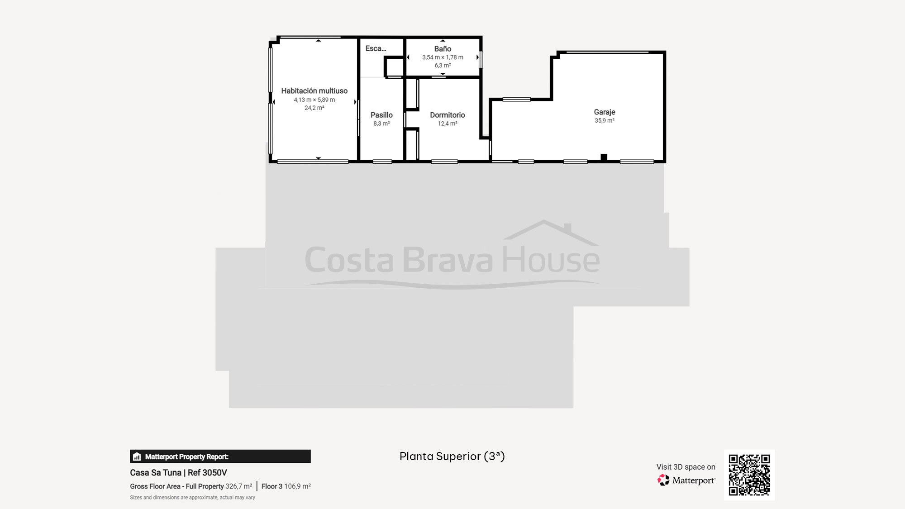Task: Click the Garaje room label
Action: click(x=605, y=112)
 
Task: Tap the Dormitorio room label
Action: click(x=448, y=115)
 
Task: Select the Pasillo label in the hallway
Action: click(x=381, y=115)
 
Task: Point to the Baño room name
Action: click(x=443, y=48)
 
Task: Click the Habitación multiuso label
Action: click(x=314, y=91)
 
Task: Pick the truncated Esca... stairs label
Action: click(x=376, y=48)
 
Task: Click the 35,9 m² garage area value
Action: click(x=605, y=121)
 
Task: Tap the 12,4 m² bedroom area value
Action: click(x=448, y=124)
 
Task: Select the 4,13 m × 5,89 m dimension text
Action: click(x=314, y=100)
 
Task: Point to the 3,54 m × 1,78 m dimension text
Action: click(x=443, y=57)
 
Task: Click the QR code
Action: click(x=749, y=475)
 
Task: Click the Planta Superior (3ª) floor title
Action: click(x=452, y=456)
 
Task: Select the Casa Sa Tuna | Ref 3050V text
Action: click(x=178, y=473)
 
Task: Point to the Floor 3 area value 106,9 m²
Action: click(x=297, y=486)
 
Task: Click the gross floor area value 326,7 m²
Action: click(x=238, y=486)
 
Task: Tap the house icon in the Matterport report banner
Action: click(x=137, y=457)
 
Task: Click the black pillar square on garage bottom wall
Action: click(x=604, y=157)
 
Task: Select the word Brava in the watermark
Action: click(x=448, y=260)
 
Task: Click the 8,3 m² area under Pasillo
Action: click(x=381, y=124)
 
